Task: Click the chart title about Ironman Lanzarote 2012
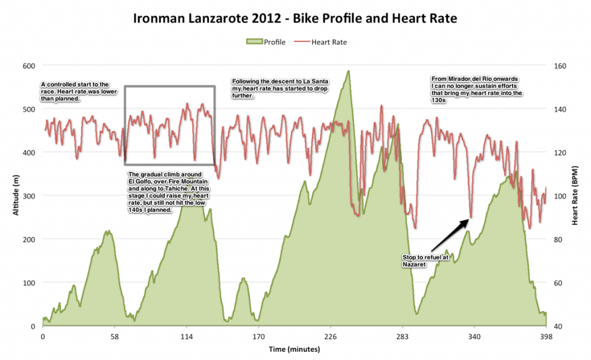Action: pos(295,18)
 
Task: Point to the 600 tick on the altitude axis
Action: pos(29,66)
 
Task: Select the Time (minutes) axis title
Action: pos(294,350)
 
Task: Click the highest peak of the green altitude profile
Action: pos(348,72)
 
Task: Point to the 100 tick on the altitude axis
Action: pos(29,283)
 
